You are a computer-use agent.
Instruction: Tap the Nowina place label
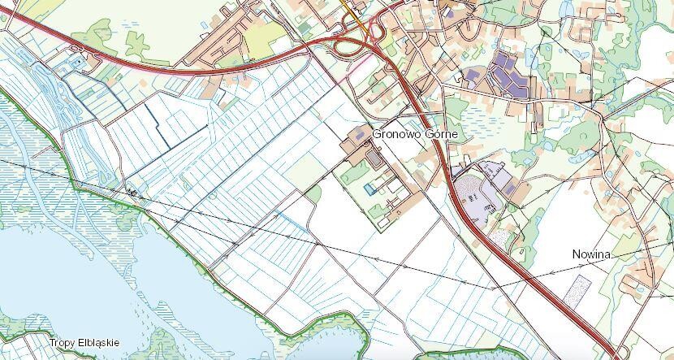(590, 254)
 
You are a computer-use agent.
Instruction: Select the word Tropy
(63, 343)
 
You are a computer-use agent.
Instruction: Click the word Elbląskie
(99, 343)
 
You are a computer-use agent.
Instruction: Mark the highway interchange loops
(357, 41)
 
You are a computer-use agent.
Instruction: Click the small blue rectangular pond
(370, 189)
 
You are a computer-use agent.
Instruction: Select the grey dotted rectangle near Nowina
(580, 288)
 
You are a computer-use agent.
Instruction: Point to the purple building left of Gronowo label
(358, 132)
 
